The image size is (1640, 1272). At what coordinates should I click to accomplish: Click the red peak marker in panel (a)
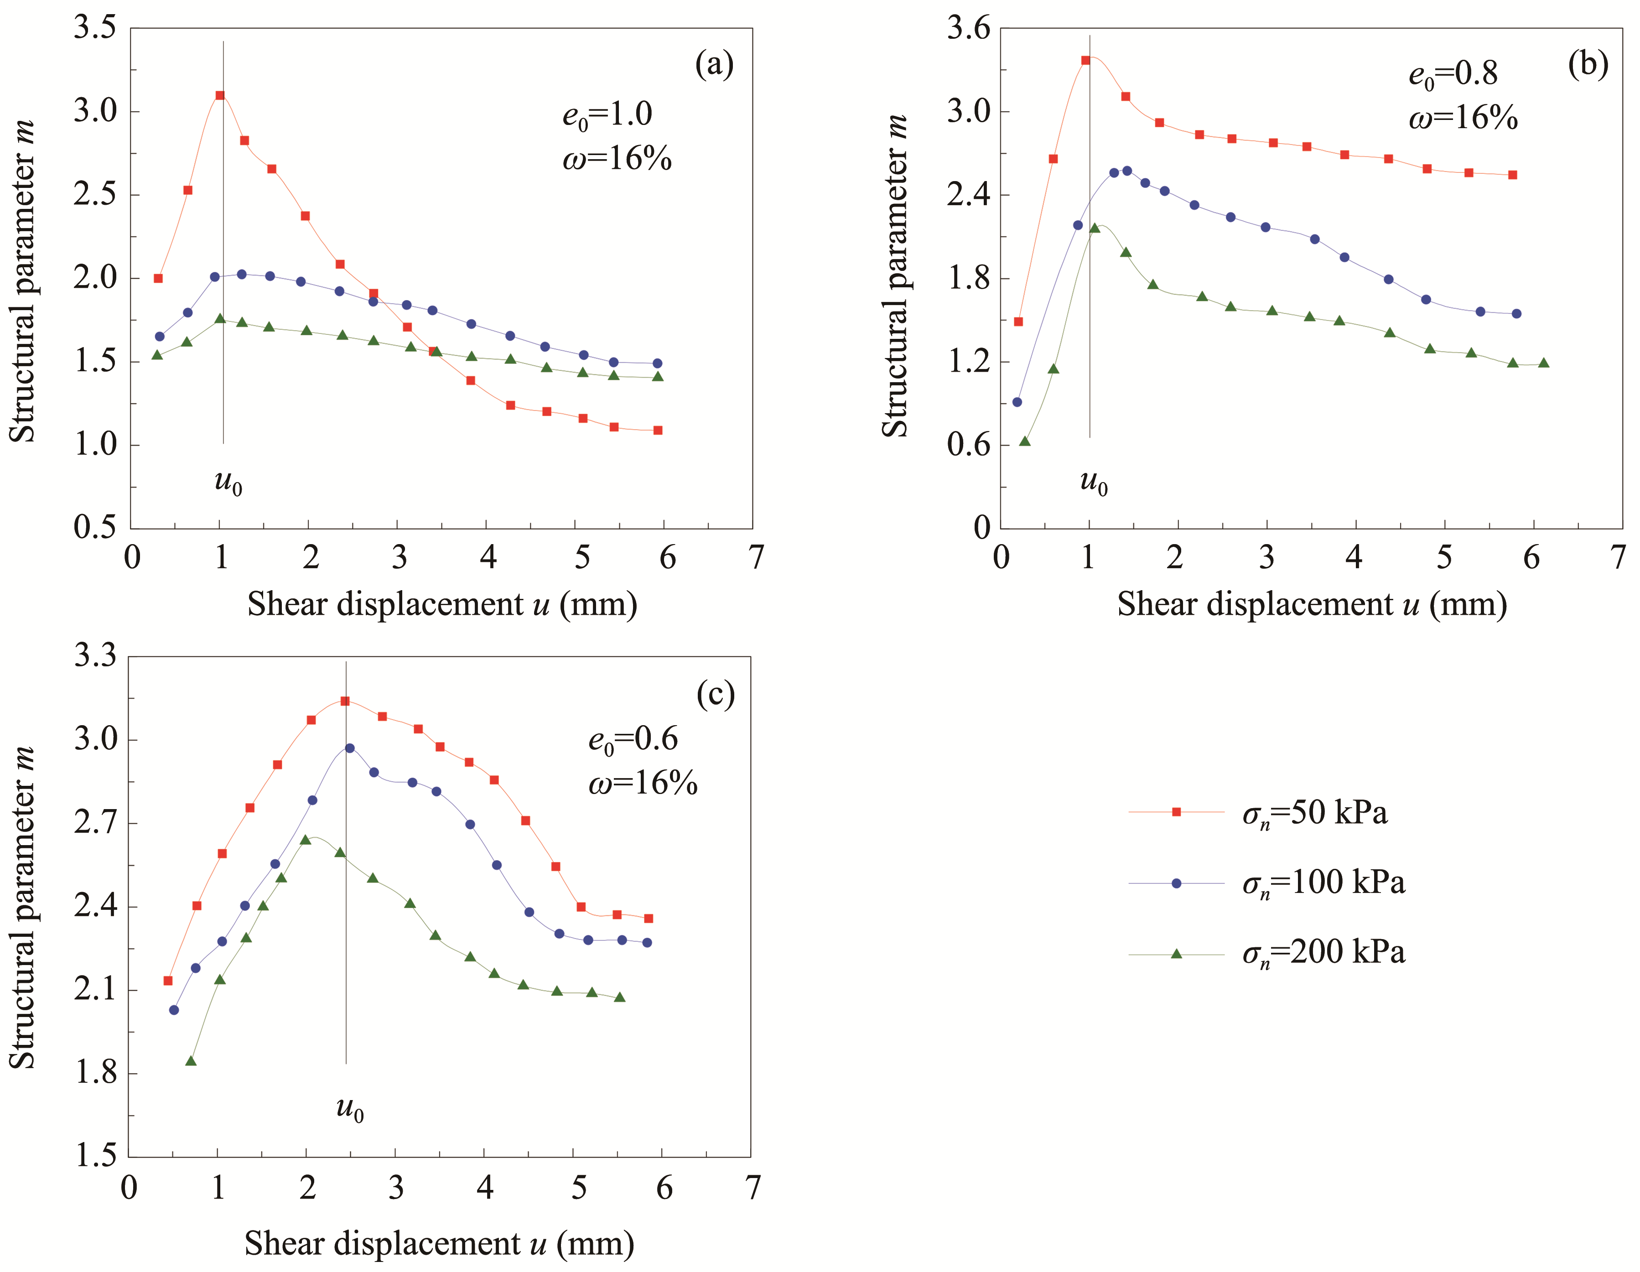coord(220,95)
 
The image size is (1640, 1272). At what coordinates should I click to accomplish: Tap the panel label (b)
coord(1588,65)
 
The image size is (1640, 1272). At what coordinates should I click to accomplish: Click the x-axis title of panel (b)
coord(1312,604)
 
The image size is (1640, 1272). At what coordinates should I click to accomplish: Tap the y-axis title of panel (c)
coord(22,907)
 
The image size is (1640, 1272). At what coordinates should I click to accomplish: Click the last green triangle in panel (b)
coord(1544,363)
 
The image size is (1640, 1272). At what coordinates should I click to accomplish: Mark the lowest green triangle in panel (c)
coord(191,1061)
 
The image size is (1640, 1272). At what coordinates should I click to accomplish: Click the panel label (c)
coord(715,695)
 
